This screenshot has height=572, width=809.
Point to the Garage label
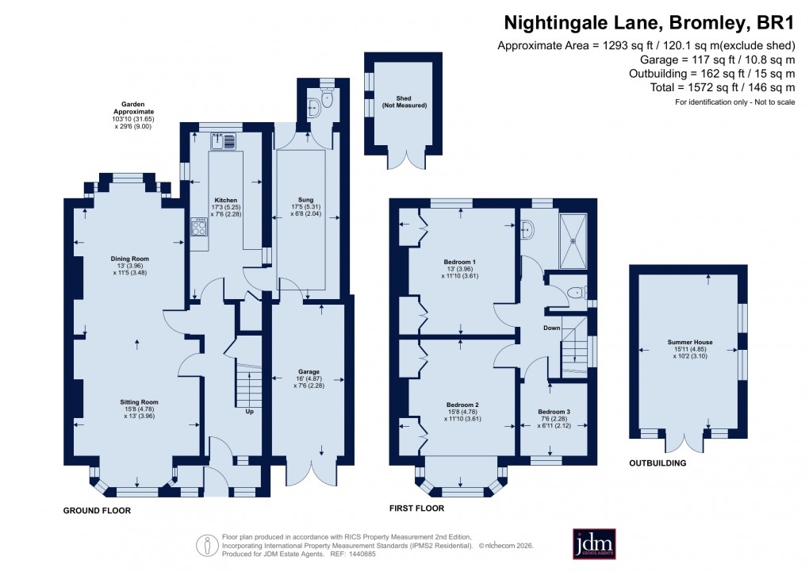click(x=309, y=371)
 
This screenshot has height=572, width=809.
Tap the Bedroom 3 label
click(x=554, y=412)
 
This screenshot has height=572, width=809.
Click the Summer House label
click(x=690, y=343)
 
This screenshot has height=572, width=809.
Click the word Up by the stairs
click(x=249, y=412)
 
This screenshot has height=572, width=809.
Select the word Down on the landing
click(x=553, y=327)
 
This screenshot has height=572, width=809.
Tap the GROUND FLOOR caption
click(x=97, y=511)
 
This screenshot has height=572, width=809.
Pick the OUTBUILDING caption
click(x=657, y=463)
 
